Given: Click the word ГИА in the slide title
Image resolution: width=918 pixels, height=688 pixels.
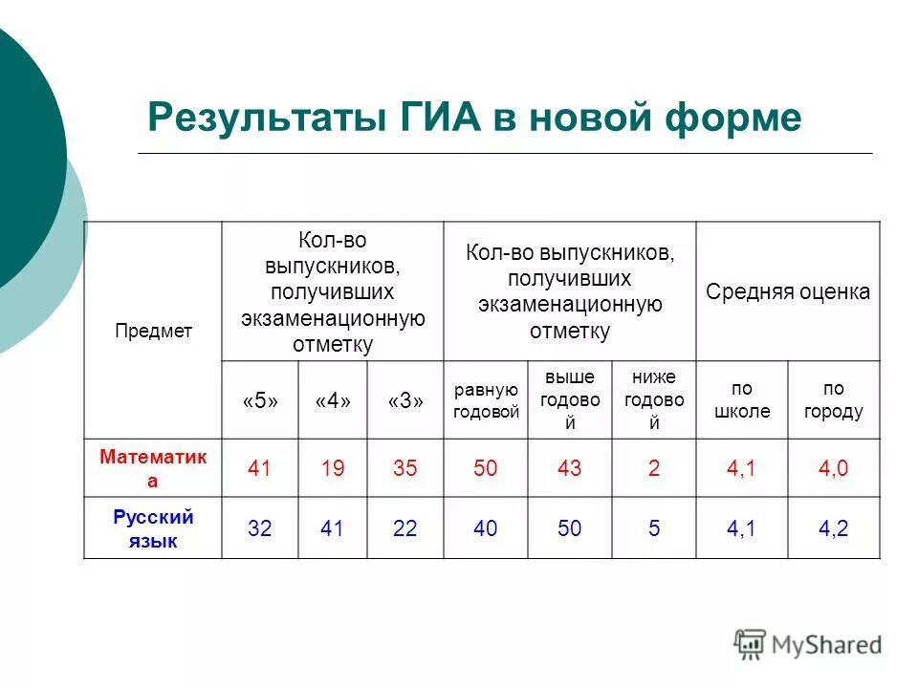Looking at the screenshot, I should (x=435, y=118).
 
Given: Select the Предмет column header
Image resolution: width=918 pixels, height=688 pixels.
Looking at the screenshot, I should (x=154, y=332).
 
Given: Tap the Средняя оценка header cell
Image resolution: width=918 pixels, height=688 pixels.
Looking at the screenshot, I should (x=788, y=291).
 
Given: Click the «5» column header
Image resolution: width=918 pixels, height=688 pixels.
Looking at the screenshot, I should (x=259, y=401).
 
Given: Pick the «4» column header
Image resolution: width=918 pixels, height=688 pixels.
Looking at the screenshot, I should (x=332, y=401).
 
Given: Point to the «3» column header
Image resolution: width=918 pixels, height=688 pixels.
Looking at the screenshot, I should (x=405, y=401).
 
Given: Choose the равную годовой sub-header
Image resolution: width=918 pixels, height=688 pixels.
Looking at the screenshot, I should (x=486, y=400).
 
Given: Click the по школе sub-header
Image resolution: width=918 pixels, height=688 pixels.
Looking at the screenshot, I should (x=742, y=400).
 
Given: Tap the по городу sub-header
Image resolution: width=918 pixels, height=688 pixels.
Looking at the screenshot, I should (x=833, y=400).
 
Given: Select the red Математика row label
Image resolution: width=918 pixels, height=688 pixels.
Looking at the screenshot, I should (x=153, y=468).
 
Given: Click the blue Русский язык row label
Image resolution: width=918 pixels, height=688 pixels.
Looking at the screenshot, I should (x=153, y=528).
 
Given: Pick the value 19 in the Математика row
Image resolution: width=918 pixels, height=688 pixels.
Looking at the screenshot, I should (x=332, y=469).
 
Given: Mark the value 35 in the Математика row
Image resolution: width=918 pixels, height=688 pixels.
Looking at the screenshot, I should (x=405, y=469).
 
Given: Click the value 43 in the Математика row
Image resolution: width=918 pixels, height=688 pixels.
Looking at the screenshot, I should (x=569, y=469).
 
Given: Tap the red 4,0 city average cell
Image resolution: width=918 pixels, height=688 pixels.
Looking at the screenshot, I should (x=834, y=469).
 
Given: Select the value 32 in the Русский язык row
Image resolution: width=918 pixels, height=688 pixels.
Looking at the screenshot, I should (x=259, y=528).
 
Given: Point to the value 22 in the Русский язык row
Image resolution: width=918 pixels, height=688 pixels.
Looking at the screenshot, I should (x=405, y=528).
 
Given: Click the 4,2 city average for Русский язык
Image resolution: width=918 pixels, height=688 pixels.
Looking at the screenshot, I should (x=834, y=528).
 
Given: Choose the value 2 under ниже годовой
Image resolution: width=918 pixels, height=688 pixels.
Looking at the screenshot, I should (x=654, y=469).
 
